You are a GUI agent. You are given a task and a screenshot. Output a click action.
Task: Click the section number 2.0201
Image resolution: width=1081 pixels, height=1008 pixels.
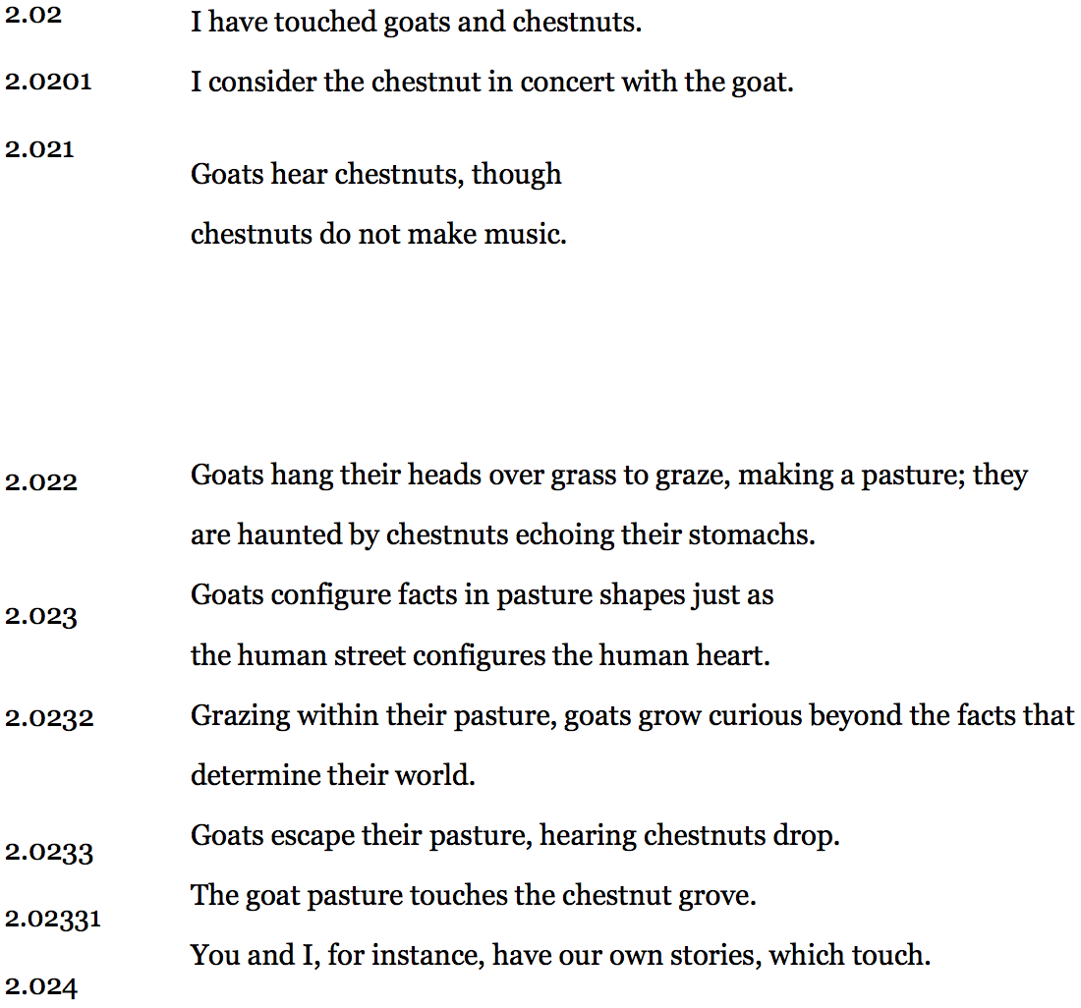point(48,82)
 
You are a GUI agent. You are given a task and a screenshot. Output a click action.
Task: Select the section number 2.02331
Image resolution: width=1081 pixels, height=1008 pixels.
point(53,920)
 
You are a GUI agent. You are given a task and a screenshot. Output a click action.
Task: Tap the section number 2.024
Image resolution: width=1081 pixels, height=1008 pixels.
point(41,986)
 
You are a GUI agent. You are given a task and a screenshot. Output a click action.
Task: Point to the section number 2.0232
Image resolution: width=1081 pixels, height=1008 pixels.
point(49,717)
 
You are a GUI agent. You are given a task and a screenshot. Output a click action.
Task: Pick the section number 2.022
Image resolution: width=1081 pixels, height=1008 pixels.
point(41,482)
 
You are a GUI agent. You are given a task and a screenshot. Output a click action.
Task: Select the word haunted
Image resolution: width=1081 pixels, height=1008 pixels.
point(290,535)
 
